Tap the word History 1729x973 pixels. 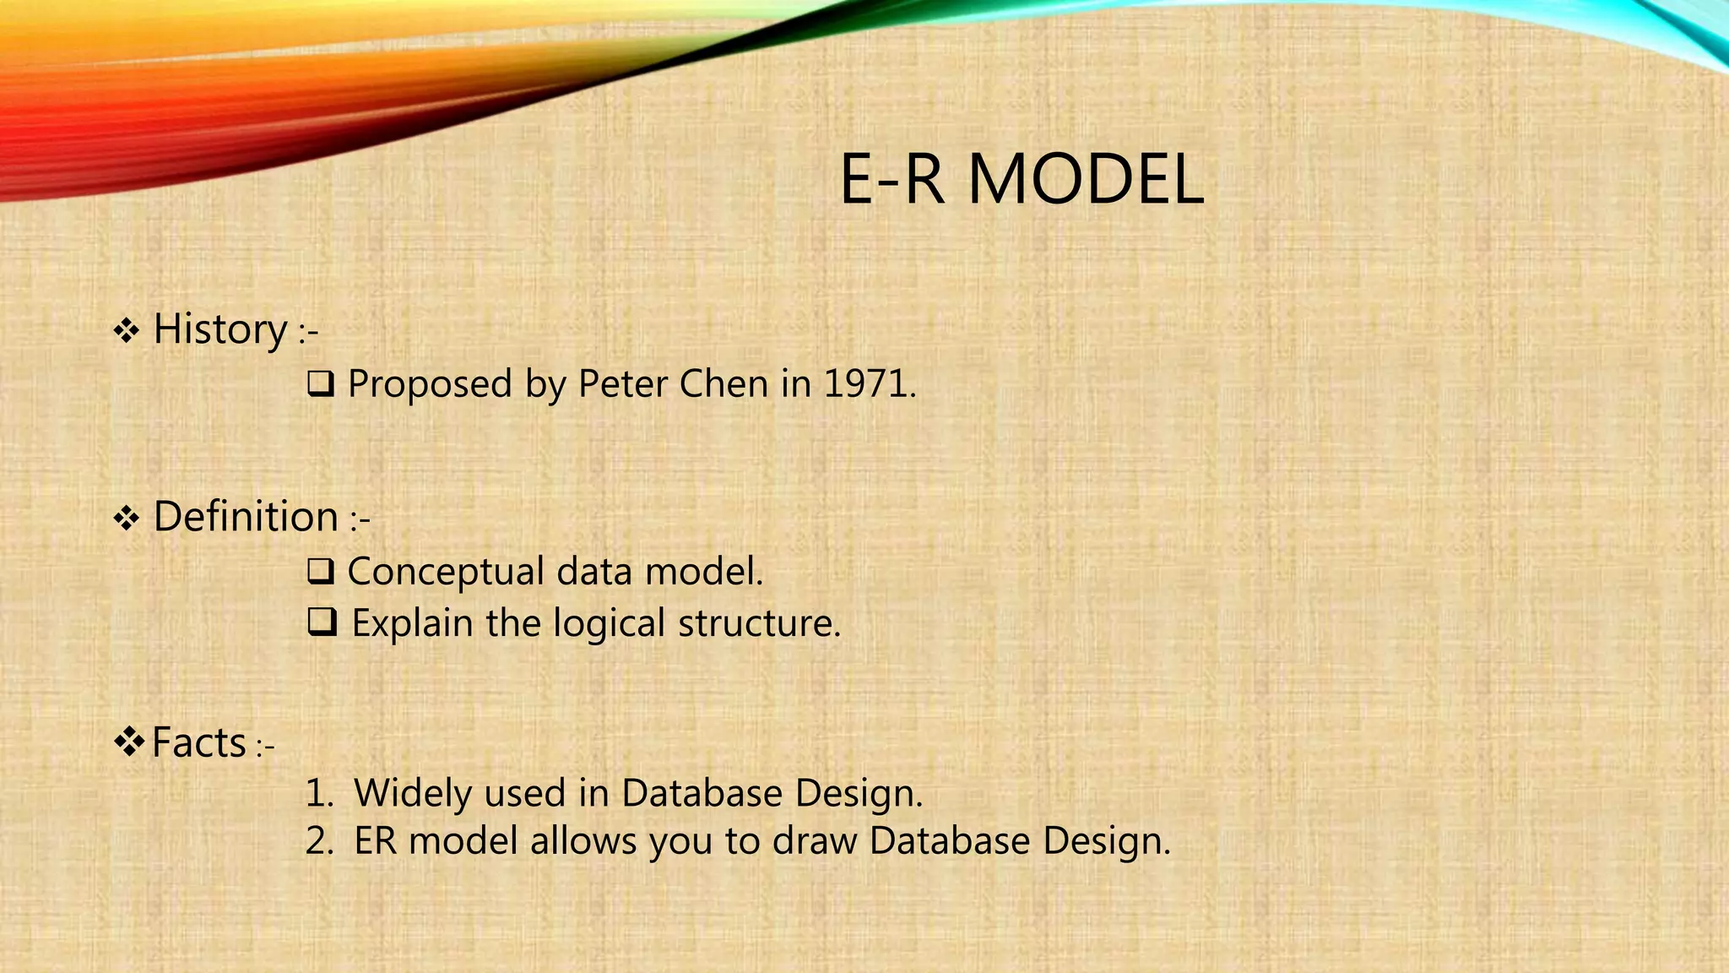[x=220, y=329]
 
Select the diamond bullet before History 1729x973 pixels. [x=127, y=330]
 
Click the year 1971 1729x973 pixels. [x=868, y=384]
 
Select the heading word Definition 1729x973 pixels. [x=246, y=516]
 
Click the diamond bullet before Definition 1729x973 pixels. [x=127, y=518]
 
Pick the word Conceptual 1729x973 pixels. [x=445, y=573]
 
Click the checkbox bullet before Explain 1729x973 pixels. [x=322, y=622]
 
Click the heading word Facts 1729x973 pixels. [x=199, y=742]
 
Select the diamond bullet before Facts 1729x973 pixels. [x=130, y=742]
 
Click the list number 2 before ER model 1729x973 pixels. [x=318, y=841]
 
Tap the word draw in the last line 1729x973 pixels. [x=815, y=841]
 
